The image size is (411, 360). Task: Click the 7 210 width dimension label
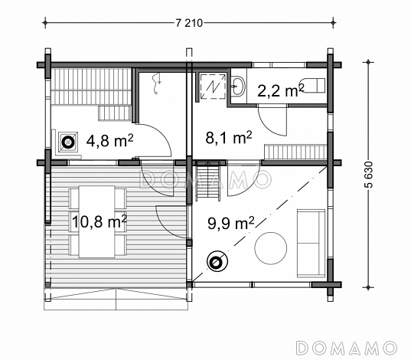pos(189,23)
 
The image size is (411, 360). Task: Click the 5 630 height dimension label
pos(369,175)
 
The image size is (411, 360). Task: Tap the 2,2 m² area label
pos(281,90)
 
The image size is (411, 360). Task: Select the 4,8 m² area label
pos(109,141)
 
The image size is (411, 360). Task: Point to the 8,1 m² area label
pos(229,138)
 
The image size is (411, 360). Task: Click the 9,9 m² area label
pos(231,224)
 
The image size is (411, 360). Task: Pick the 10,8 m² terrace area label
pos(99,221)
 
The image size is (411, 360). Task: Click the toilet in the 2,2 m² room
pos(313,86)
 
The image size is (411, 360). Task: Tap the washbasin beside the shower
pos(238,86)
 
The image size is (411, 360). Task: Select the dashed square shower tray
pos(213,87)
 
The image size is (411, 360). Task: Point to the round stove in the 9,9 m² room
pos(217,261)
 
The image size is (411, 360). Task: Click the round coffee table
pos(271,248)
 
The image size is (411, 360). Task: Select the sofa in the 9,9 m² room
pos(312,244)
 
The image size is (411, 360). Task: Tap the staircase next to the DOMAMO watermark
pos(208,181)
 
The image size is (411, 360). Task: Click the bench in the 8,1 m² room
pos(295,152)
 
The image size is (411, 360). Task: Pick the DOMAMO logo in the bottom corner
pos(346,348)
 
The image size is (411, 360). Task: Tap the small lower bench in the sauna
pos(115,113)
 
